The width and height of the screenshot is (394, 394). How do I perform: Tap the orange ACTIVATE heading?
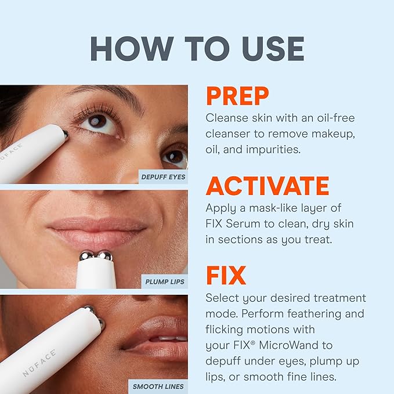pyautogui.click(x=268, y=186)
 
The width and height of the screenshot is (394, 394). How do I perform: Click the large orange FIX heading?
pyautogui.click(x=226, y=276)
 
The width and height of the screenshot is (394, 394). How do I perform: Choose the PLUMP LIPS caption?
pyautogui.click(x=164, y=282)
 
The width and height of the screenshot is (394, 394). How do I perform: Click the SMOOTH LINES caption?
pyautogui.click(x=158, y=386)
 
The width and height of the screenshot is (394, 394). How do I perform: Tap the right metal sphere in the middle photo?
pyautogui.click(x=104, y=256)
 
